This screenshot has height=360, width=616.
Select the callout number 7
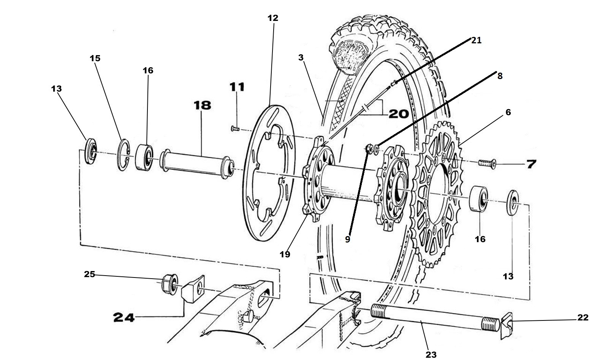tap(531, 164)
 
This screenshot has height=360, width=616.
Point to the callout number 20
tap(398, 114)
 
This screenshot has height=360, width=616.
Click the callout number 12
tap(272, 18)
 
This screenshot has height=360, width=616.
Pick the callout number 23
tap(431, 354)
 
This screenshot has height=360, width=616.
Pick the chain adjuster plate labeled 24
tap(194, 289)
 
